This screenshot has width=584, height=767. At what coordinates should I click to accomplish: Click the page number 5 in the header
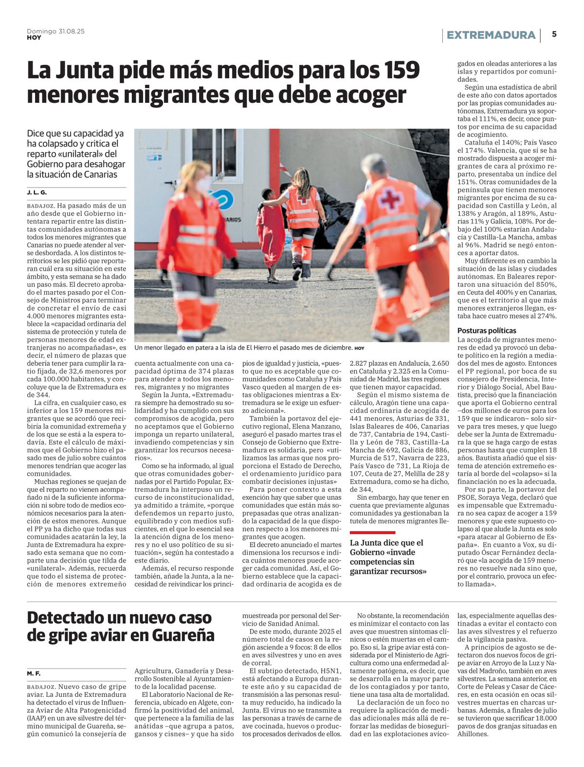pyautogui.click(x=554, y=35)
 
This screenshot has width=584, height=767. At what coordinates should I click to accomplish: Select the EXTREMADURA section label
pyautogui.click(x=491, y=35)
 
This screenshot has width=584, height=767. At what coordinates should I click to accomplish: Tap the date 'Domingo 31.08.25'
pyautogui.click(x=55, y=31)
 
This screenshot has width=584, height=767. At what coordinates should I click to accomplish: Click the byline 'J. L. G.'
pyautogui.click(x=37, y=192)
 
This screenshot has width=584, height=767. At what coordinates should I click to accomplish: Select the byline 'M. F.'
pyautogui.click(x=34, y=673)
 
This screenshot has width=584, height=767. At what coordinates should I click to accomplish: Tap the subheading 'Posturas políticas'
pyautogui.click(x=487, y=331)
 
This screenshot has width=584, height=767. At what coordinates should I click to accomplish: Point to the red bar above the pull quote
pyautogui.click(x=372, y=533)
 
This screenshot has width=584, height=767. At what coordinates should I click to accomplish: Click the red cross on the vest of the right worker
pyautogui.click(x=389, y=198)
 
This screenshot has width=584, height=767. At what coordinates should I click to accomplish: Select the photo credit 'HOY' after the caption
pyautogui.click(x=359, y=348)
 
